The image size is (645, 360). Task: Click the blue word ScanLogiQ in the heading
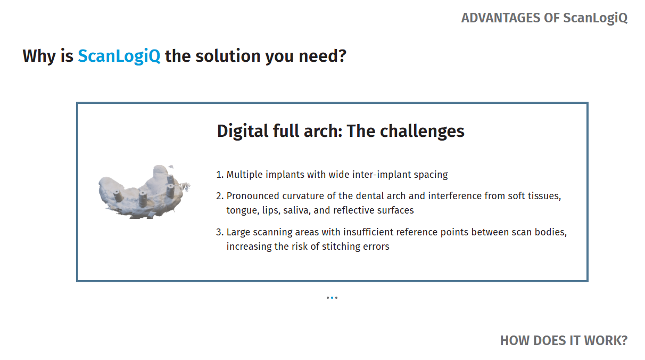coord(119,56)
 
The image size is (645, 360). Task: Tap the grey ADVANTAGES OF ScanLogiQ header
coord(544,18)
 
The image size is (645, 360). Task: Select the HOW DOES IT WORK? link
coord(564,340)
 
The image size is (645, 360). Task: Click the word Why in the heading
coord(39,56)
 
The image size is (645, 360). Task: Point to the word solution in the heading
coord(228,56)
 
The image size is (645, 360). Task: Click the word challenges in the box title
coord(422,131)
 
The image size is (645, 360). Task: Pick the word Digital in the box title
coord(243,131)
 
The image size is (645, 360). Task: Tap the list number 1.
coord(220,175)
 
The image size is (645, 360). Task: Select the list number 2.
coord(220,196)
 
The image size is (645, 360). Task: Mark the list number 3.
coord(220,232)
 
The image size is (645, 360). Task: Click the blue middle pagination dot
coord(332,298)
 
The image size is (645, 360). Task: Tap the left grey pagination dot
coord(328,298)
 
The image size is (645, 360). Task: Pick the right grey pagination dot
coord(336,298)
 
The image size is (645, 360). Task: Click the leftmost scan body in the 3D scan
coord(118,195)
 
